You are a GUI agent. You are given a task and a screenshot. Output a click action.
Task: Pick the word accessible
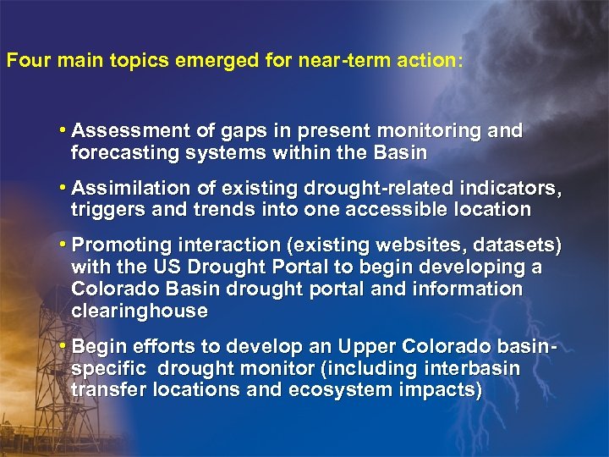409,210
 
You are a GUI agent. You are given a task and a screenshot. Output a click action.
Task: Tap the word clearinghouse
140,311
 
